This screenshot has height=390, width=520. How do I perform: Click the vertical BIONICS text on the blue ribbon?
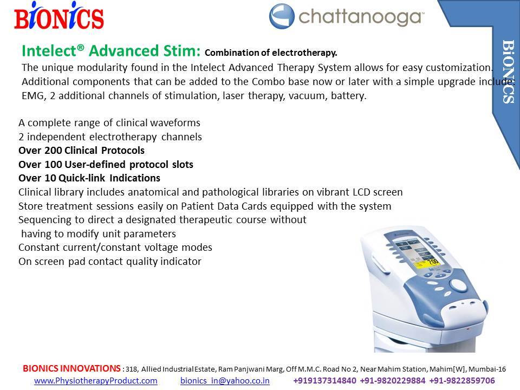(509, 71)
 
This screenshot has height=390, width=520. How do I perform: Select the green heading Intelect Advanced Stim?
(111, 51)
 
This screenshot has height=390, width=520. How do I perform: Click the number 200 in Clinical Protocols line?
(53, 151)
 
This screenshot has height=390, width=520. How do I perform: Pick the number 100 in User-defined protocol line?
(53, 165)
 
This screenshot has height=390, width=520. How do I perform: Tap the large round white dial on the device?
(457, 285)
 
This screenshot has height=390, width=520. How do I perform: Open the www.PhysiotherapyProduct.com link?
(95, 381)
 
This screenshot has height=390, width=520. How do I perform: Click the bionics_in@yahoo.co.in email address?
(225, 381)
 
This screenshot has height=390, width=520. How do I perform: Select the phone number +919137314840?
(324, 381)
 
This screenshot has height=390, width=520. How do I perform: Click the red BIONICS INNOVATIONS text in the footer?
(71, 368)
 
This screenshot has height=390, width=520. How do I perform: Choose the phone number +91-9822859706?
(462, 381)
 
